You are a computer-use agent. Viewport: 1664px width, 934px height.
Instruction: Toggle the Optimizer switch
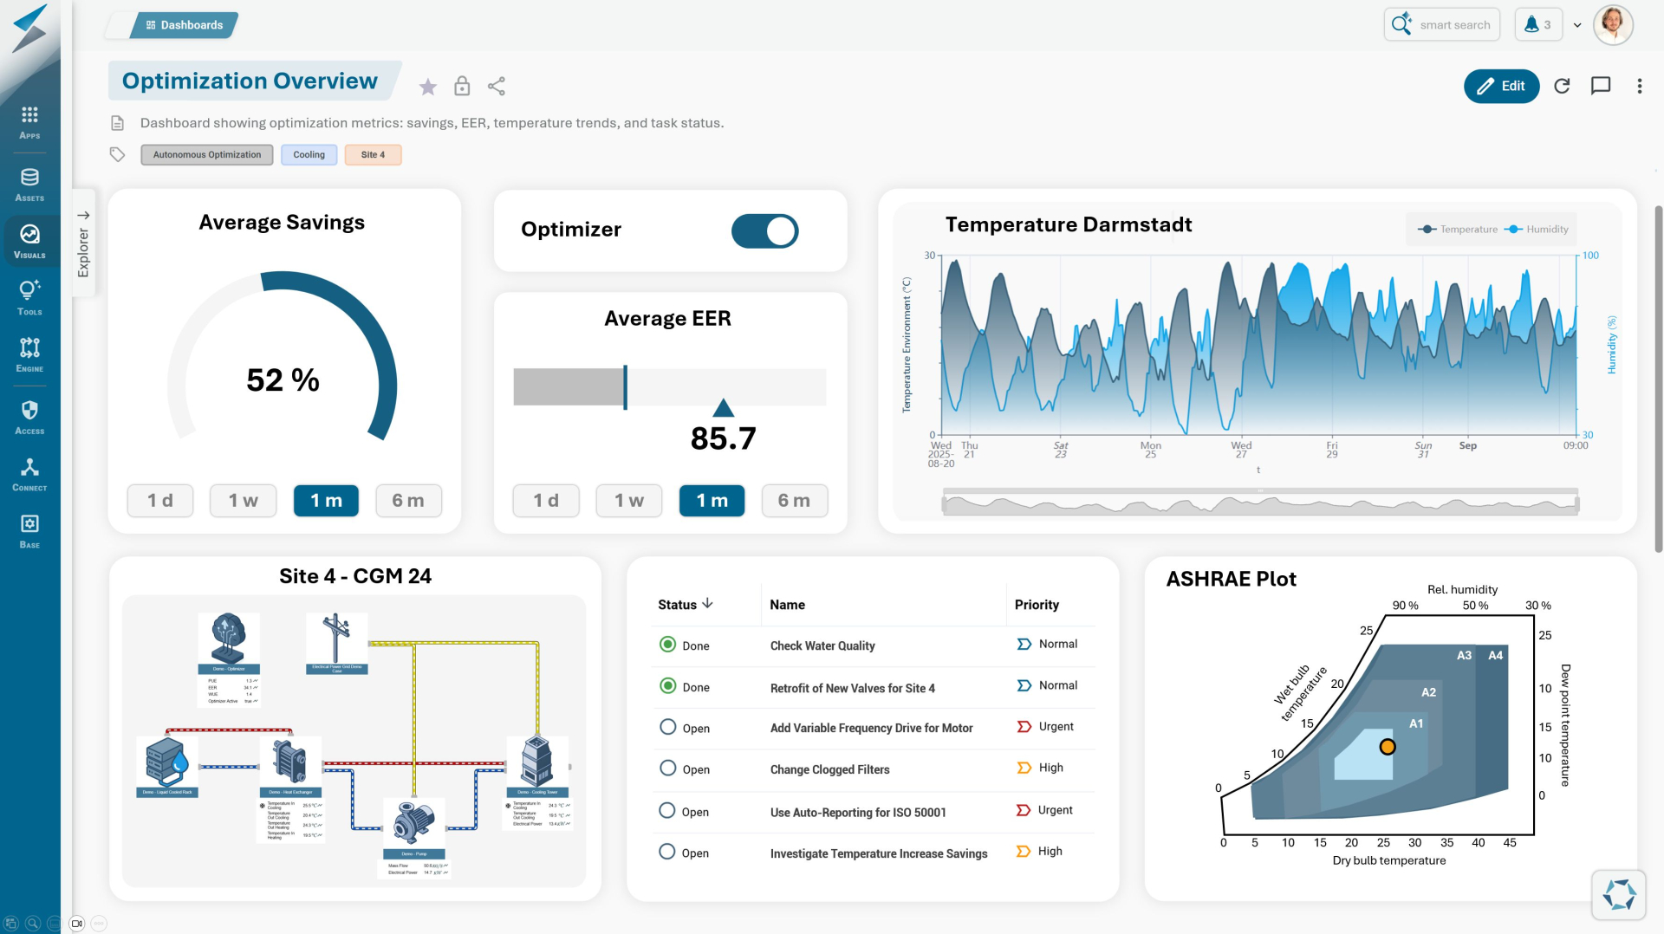tap(764, 231)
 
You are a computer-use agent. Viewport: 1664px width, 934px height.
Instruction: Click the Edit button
tap(1501, 86)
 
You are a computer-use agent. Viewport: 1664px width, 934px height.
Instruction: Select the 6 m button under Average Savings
tap(408, 501)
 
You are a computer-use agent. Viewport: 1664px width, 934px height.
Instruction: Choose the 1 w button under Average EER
tap(628, 501)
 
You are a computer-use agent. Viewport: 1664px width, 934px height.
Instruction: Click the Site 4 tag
tap(373, 155)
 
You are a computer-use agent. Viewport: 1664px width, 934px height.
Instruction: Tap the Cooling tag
tap(309, 155)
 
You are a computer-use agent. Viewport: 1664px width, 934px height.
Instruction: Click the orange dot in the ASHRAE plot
tap(1388, 747)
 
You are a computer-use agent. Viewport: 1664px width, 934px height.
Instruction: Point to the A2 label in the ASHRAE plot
tap(1428, 692)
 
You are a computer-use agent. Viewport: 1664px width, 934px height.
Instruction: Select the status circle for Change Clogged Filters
tap(667, 769)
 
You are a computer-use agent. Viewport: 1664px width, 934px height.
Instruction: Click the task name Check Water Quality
tap(822, 645)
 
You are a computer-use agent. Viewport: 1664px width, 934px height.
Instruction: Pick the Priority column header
tap(1037, 605)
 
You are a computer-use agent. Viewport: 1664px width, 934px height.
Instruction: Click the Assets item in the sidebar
tap(29, 184)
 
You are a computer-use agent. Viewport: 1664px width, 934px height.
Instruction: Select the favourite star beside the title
tap(427, 87)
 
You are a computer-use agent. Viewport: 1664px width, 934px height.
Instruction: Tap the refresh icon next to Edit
tap(1562, 86)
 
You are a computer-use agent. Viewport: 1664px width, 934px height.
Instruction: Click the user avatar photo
tap(1612, 24)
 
